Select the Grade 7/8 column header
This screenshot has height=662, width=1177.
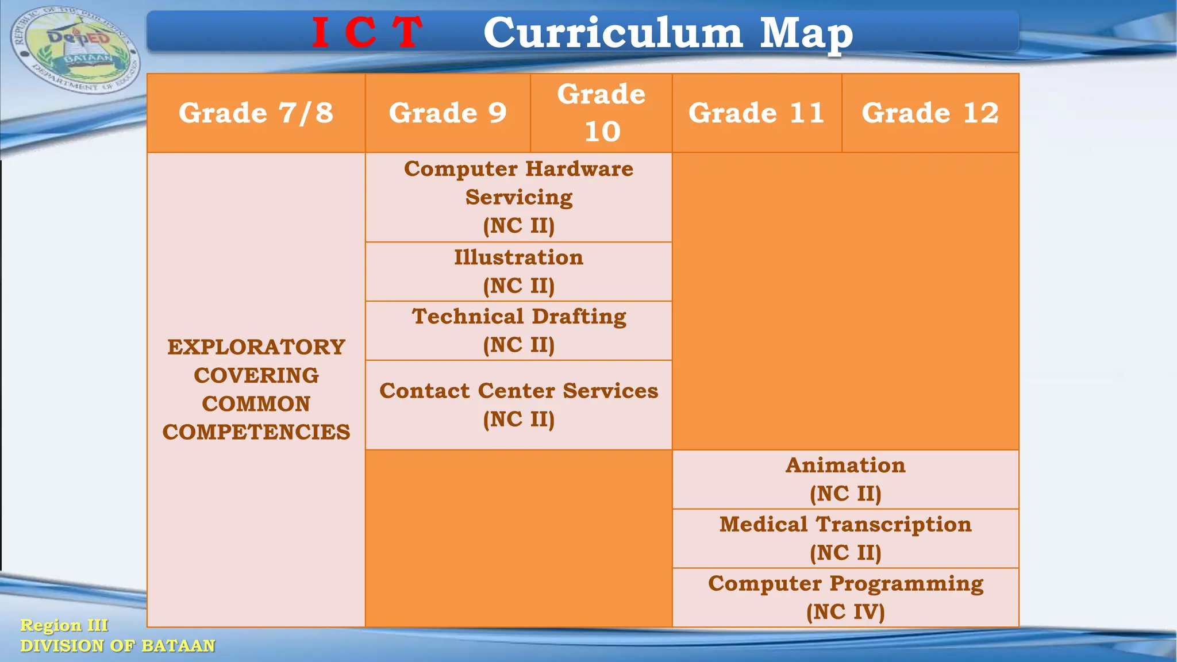(x=256, y=113)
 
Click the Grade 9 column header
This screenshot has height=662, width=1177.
(x=448, y=113)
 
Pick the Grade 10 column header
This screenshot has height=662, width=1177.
(x=601, y=113)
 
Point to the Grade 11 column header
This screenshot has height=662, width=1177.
(x=756, y=113)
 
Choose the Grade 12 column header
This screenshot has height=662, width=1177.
(x=930, y=113)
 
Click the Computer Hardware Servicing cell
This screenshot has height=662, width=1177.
(x=518, y=197)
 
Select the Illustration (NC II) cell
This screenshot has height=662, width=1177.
(x=518, y=271)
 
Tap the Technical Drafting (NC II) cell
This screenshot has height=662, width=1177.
(x=518, y=330)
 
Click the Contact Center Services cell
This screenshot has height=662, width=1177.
(x=518, y=405)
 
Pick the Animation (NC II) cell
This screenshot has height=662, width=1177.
(x=845, y=479)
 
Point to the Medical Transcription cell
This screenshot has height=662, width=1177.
(x=845, y=538)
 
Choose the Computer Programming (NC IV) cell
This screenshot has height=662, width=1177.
(x=845, y=597)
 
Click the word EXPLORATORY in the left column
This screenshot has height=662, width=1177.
(x=256, y=347)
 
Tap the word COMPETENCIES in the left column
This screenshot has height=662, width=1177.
(x=256, y=432)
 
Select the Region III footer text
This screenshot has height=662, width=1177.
(x=64, y=625)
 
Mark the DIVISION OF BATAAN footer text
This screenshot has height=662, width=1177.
(x=118, y=646)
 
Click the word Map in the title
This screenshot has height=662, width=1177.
(x=806, y=33)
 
